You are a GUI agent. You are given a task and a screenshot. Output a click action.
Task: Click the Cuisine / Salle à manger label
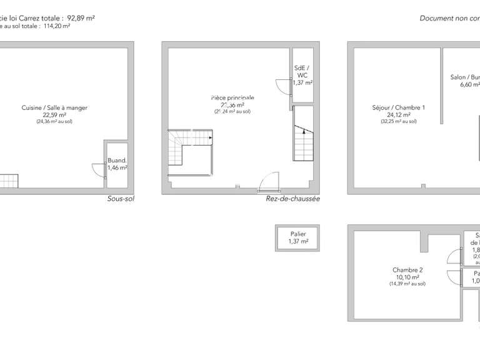click(x=54, y=107)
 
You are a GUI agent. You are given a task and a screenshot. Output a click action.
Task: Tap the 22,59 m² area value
click(x=54, y=115)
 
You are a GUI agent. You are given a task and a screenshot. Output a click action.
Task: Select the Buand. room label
click(x=117, y=160)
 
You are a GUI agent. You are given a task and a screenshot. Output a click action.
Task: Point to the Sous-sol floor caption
click(x=121, y=199)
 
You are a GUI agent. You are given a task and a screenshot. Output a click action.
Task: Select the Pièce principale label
click(x=232, y=98)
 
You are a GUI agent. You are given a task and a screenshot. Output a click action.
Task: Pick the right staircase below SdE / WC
click(x=302, y=141)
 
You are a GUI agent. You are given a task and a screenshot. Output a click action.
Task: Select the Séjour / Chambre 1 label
click(x=398, y=107)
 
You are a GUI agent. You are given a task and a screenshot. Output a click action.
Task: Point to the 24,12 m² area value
click(x=398, y=115)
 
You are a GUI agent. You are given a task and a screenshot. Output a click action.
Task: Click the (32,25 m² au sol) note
click(x=398, y=121)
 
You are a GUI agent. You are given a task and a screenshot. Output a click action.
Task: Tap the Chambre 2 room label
click(x=409, y=270)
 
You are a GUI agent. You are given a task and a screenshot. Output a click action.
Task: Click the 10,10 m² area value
click(x=409, y=277)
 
